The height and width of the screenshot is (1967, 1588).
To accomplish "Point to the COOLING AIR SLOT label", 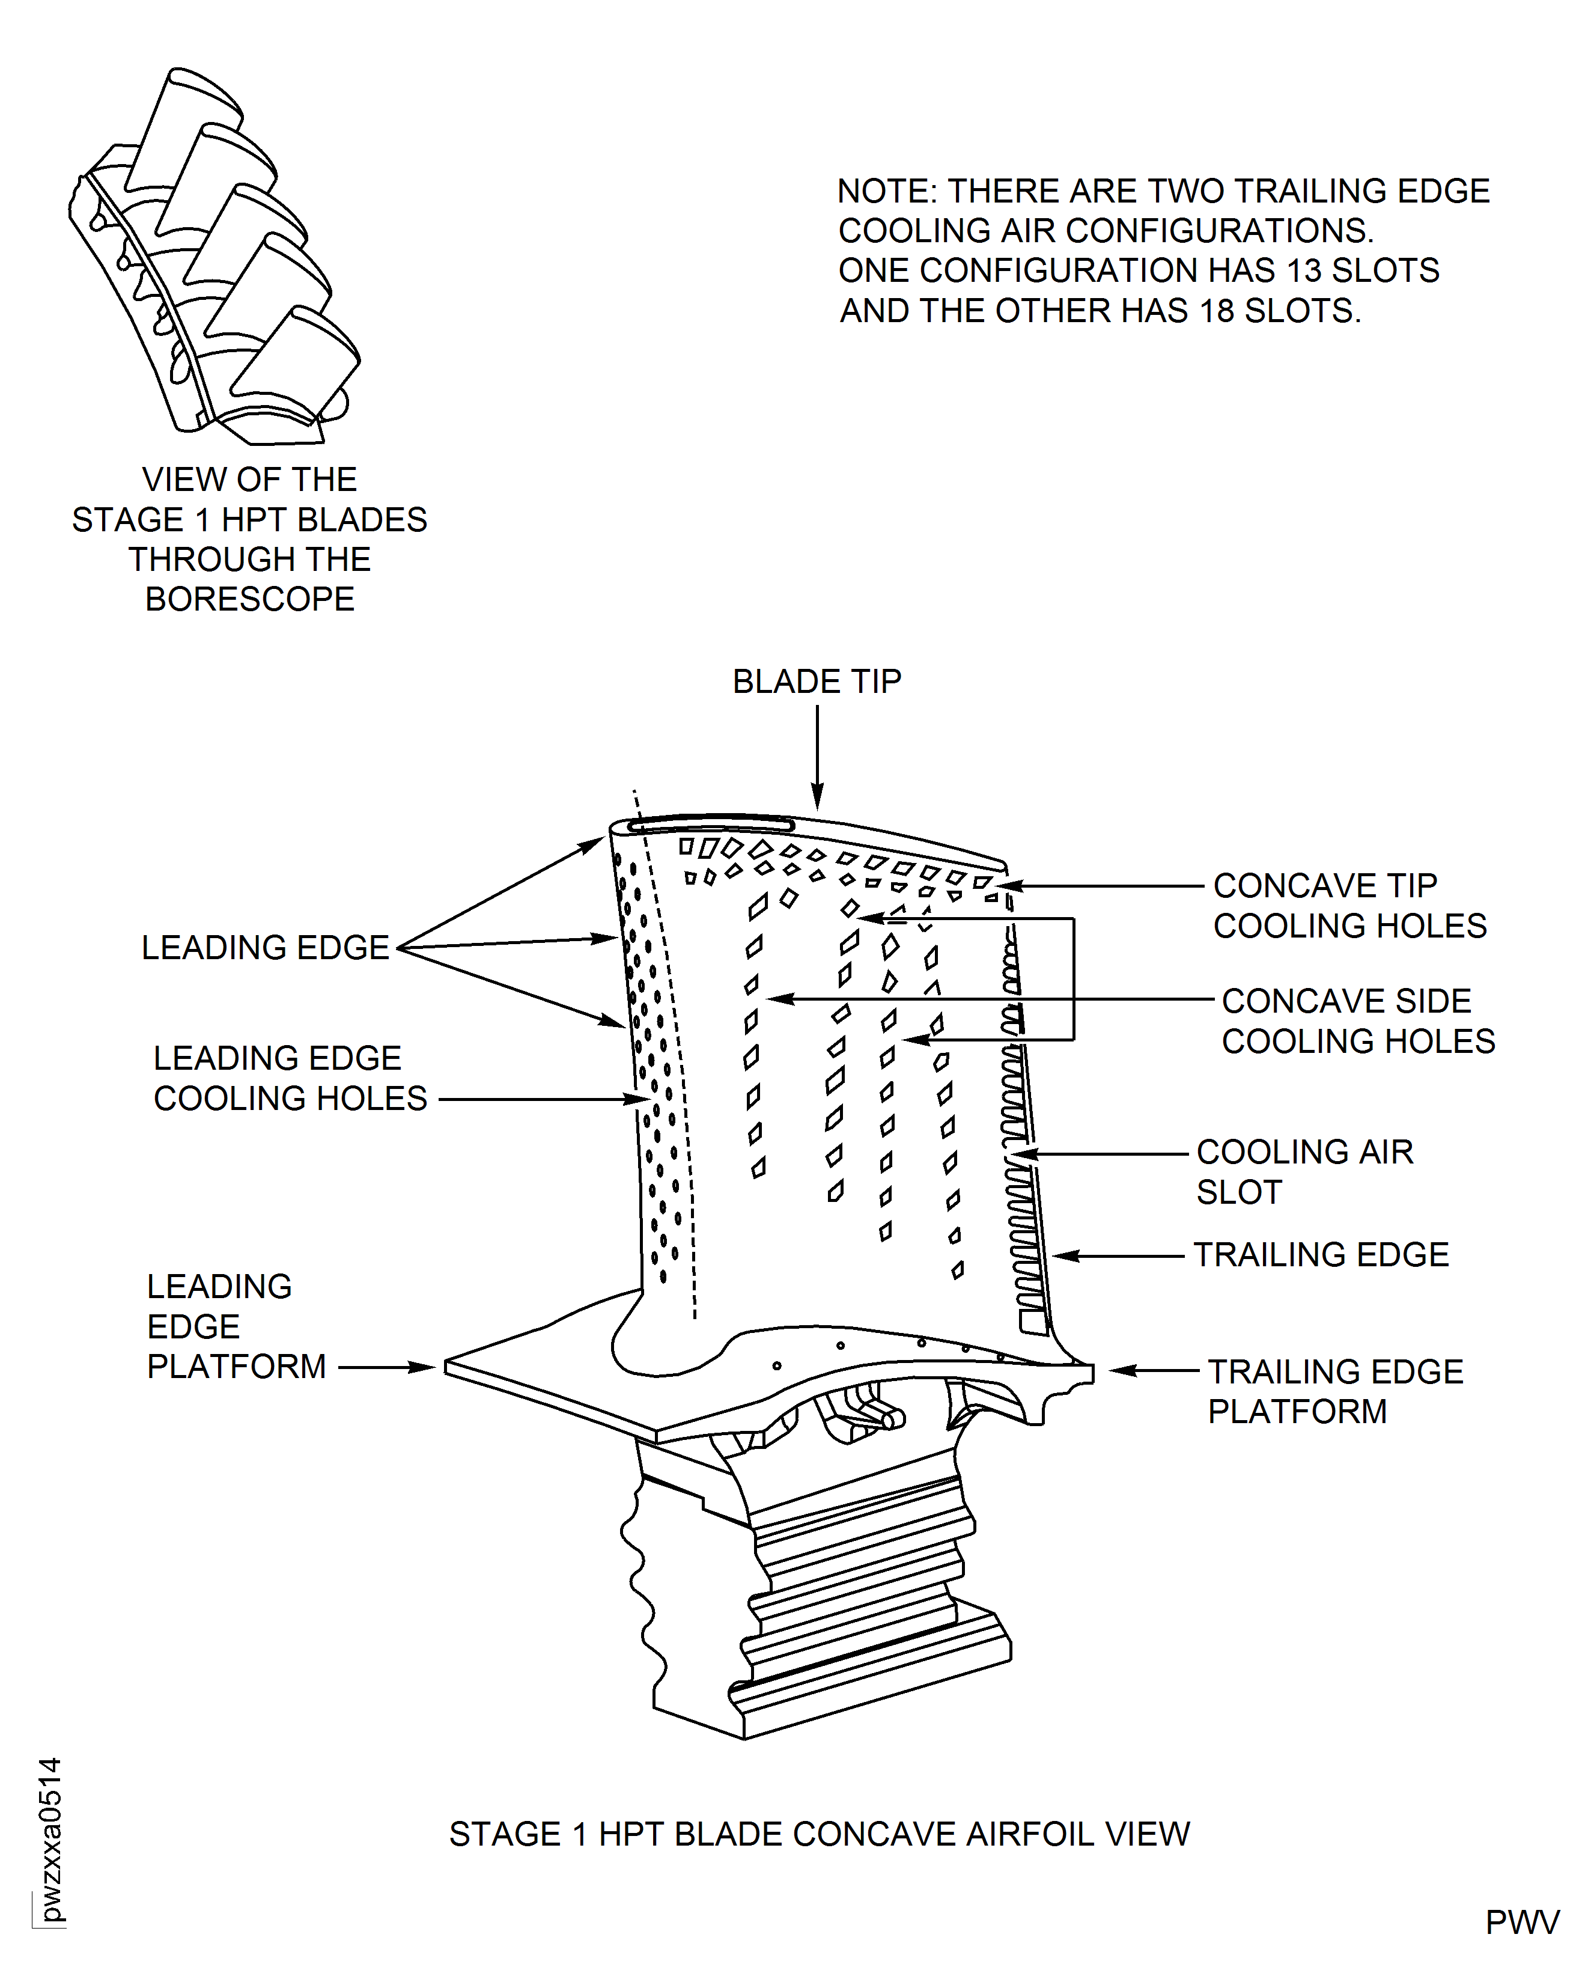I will [x=1304, y=1171].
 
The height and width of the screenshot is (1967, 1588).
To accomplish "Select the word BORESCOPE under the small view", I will [x=250, y=599].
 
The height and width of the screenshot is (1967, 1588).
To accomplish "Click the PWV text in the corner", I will [x=1521, y=1922].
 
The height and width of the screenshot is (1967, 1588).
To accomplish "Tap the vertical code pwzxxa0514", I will [x=50, y=1839].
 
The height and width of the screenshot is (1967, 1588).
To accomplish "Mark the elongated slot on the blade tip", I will [x=711, y=825].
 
